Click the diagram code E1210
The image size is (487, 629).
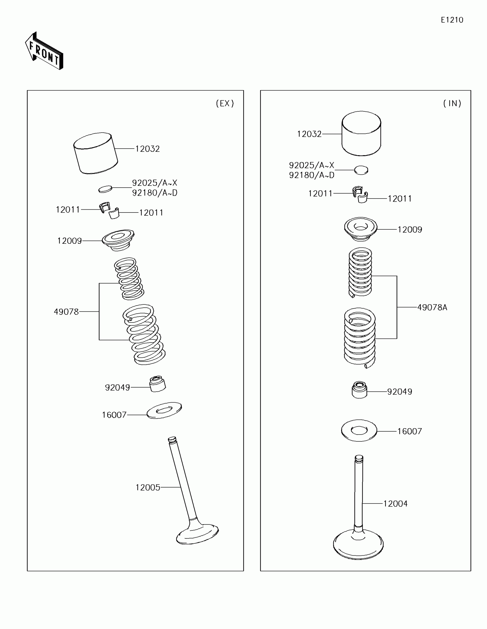click(x=452, y=20)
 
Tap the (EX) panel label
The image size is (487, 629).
click(x=225, y=103)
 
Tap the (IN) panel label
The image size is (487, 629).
click(x=452, y=103)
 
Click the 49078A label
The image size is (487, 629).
click(x=432, y=308)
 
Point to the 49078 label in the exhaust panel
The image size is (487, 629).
click(x=66, y=312)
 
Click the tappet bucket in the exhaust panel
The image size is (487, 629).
click(x=96, y=153)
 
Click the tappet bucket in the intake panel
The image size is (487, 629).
click(x=361, y=134)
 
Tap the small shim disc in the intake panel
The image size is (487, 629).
click(x=361, y=170)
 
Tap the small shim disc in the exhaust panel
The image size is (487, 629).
click(x=105, y=189)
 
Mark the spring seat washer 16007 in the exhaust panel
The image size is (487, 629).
click(x=164, y=410)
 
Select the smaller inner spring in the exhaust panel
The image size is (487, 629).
click(x=129, y=278)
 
